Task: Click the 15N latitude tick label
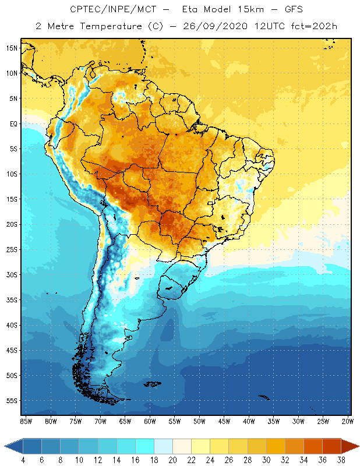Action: point(12,48)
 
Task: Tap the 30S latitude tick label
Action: point(12,274)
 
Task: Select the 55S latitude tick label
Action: point(12,401)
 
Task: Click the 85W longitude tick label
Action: point(26,421)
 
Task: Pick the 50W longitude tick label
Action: point(199,421)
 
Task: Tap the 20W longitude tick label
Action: point(347,421)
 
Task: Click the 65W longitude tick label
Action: point(125,421)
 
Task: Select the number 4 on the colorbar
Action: point(23,460)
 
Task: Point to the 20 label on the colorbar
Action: point(172,460)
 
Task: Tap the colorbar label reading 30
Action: point(266,460)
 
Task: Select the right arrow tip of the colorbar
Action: point(357,446)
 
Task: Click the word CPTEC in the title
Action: point(85,10)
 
